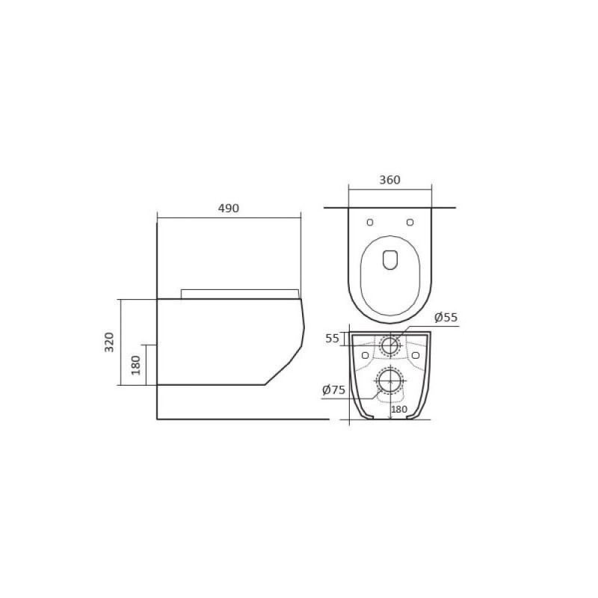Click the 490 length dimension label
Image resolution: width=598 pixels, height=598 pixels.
229,209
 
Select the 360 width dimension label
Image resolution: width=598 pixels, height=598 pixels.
389,180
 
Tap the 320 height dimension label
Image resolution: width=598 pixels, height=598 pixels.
109,342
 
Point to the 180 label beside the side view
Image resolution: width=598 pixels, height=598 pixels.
136,365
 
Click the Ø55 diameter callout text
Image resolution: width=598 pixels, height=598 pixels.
446,317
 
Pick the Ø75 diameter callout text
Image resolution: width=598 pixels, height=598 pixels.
333,389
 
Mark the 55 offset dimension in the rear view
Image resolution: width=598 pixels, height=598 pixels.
332,339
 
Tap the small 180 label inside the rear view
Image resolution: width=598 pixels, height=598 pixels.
399,409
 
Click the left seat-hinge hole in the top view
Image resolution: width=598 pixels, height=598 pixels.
370,222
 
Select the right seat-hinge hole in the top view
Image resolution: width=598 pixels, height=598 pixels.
410,222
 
